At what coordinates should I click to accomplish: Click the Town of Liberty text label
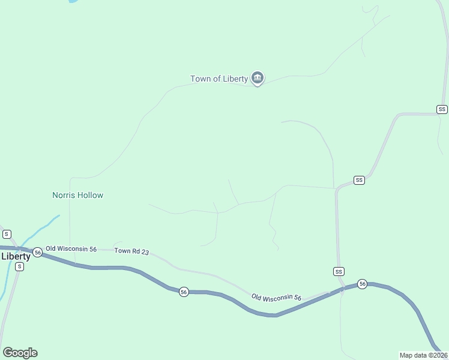[218, 79]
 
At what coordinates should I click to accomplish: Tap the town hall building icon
[258, 77]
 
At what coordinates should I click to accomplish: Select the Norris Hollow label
[77, 195]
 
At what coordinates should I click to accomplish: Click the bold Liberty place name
[16, 256]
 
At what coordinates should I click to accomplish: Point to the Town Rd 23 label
[131, 251]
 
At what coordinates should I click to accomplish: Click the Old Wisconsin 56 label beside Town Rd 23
[71, 248]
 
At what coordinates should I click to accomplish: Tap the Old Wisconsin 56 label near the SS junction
[276, 297]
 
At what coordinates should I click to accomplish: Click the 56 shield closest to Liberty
[38, 253]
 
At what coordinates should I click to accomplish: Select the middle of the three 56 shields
[184, 292]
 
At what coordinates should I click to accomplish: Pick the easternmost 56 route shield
[362, 283]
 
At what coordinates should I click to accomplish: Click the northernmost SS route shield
[442, 109]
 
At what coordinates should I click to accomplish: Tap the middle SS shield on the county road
[359, 180]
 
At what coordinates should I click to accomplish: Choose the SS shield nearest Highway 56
[339, 272]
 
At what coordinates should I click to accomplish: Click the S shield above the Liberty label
[7, 234]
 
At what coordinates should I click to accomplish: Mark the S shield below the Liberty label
[19, 266]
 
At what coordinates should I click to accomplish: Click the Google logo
[20, 353]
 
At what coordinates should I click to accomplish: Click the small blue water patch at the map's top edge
[73, 1]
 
